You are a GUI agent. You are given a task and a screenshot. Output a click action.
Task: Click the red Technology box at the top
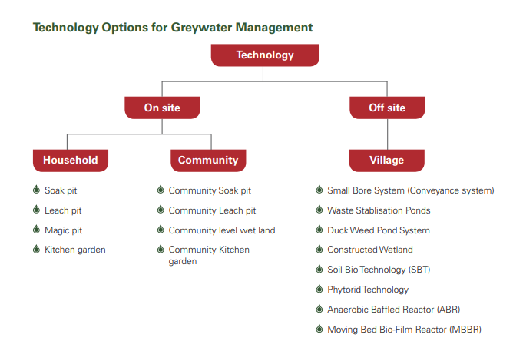pyautogui.click(x=265, y=55)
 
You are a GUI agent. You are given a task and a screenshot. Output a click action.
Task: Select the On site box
pyautogui.click(x=162, y=108)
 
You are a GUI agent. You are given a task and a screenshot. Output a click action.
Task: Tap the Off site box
pyautogui.click(x=387, y=108)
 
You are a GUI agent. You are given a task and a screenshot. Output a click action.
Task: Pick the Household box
pyautogui.click(x=71, y=161)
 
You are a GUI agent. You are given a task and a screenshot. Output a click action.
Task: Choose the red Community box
pyautogui.click(x=208, y=161)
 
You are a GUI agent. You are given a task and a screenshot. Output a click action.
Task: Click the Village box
pyautogui.click(x=386, y=161)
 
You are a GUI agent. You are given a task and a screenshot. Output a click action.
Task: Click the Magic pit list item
pyautogui.click(x=64, y=230)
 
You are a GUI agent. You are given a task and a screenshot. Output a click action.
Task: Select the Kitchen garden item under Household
pyautogui.click(x=75, y=250)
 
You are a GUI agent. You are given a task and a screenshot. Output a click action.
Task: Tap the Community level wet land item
pyautogui.click(x=222, y=230)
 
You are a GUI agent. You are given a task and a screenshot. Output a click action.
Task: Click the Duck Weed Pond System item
pyautogui.click(x=379, y=230)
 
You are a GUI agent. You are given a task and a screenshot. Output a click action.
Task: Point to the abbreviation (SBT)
pyautogui.click(x=419, y=270)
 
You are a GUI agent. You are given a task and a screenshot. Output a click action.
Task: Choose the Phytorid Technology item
pyautogui.click(x=368, y=290)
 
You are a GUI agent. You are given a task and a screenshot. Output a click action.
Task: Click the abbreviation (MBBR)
pyautogui.click(x=465, y=330)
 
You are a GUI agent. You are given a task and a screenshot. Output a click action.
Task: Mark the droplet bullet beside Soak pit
pyautogui.click(x=36, y=190)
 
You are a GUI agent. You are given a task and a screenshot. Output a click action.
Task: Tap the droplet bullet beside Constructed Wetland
pyautogui.click(x=319, y=249)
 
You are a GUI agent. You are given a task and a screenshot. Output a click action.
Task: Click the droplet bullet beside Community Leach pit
pyautogui.click(x=161, y=210)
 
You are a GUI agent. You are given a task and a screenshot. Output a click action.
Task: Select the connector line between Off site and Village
pyautogui.click(x=387, y=134)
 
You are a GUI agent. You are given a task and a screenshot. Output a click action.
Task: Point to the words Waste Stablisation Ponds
pyautogui.click(x=379, y=210)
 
